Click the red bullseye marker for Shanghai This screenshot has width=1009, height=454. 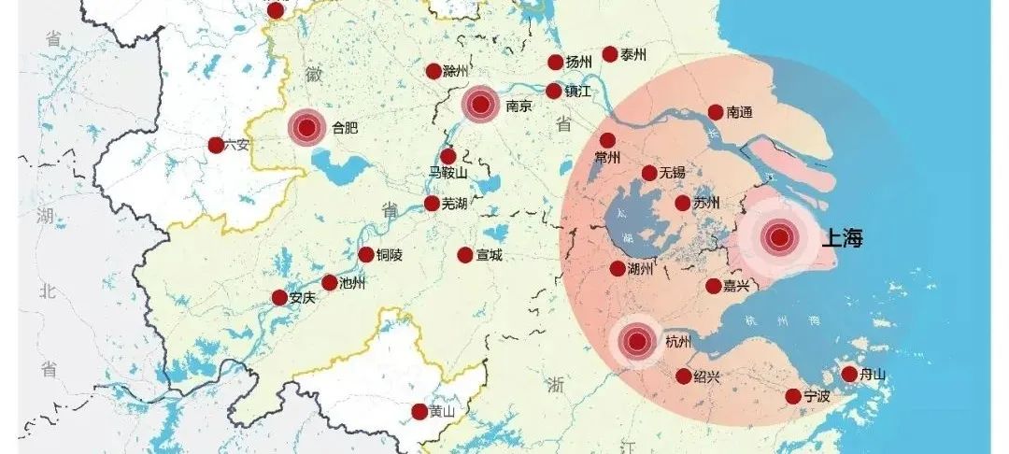pyautogui.click(x=778, y=238)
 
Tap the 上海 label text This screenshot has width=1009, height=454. pyautogui.click(x=842, y=238)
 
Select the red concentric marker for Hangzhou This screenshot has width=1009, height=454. pyautogui.click(x=637, y=342)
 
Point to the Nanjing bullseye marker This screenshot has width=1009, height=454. pyautogui.click(x=482, y=105)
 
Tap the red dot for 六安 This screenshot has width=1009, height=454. pyautogui.click(x=216, y=145)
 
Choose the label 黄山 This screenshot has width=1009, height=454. pyautogui.click(x=441, y=412)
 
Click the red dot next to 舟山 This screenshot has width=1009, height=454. pyautogui.click(x=849, y=374)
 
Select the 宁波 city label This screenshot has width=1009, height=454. pyautogui.click(x=817, y=397)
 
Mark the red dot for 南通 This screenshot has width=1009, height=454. pyautogui.click(x=716, y=112)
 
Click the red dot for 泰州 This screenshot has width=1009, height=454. pyautogui.click(x=610, y=54)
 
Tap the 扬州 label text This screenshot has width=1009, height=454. pyautogui.click(x=579, y=63)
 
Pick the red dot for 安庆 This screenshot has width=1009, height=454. pyautogui.click(x=279, y=297)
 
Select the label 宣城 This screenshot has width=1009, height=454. pyautogui.click(x=489, y=255)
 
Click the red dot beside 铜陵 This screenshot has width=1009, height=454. pyautogui.click(x=366, y=255)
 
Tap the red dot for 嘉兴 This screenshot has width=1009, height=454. pyautogui.click(x=714, y=286)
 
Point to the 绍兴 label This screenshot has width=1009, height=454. pyautogui.click(x=707, y=376)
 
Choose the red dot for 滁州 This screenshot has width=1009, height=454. pyautogui.click(x=433, y=71)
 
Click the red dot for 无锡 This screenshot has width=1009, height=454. pyautogui.click(x=649, y=173)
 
